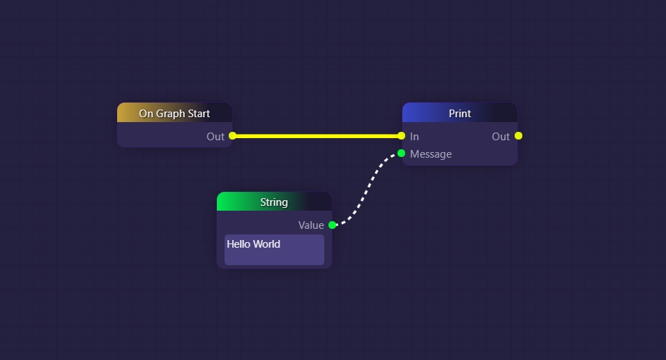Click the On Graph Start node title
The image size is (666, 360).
pyautogui.click(x=174, y=113)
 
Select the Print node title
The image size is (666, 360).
pyautogui.click(x=460, y=113)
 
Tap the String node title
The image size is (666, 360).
pyautogui.click(x=274, y=202)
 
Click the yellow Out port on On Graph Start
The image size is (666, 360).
pyautogui.click(x=233, y=136)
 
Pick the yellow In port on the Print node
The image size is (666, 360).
pyautogui.click(x=401, y=136)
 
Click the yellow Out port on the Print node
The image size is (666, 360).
pyautogui.click(x=518, y=136)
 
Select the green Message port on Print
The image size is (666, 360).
pyautogui.click(x=401, y=153)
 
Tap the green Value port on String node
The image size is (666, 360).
pyautogui.click(x=332, y=225)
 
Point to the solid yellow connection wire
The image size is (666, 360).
pyautogui.click(x=317, y=136)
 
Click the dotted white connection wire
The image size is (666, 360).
pyautogui.click(x=368, y=188)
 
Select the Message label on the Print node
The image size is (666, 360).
pyautogui.click(x=431, y=154)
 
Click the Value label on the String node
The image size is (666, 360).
pyautogui.click(x=311, y=225)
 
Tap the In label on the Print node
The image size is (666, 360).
pyautogui.click(x=414, y=137)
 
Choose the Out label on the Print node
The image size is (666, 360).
pyautogui.click(x=501, y=137)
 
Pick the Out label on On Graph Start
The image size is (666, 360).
pyautogui.click(x=215, y=137)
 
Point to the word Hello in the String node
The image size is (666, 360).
pyautogui.click(x=239, y=244)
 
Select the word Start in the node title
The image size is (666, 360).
pyautogui.click(x=198, y=113)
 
